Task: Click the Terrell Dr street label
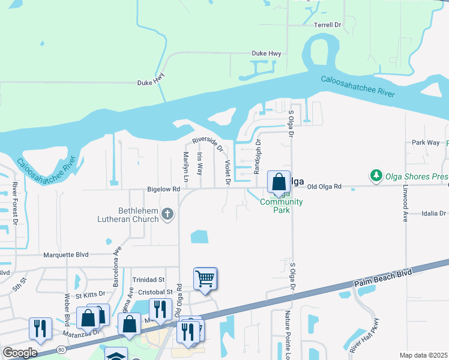click(327, 25)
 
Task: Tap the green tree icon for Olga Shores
click(376, 175)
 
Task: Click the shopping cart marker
click(205, 279)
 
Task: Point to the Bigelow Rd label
click(163, 189)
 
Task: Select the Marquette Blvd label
click(66, 254)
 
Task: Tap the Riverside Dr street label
click(208, 144)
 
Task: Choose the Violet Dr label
click(228, 172)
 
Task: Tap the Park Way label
click(426, 143)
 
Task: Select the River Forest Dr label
click(15, 202)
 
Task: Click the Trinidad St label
click(148, 280)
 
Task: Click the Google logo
click(20, 353)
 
